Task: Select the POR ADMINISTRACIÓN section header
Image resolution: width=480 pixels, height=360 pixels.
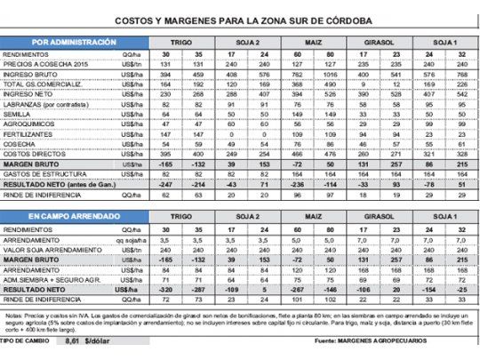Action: [73, 41]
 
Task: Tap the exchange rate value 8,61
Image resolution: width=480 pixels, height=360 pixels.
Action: [71, 340]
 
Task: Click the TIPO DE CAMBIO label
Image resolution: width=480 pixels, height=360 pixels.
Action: [24, 340]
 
